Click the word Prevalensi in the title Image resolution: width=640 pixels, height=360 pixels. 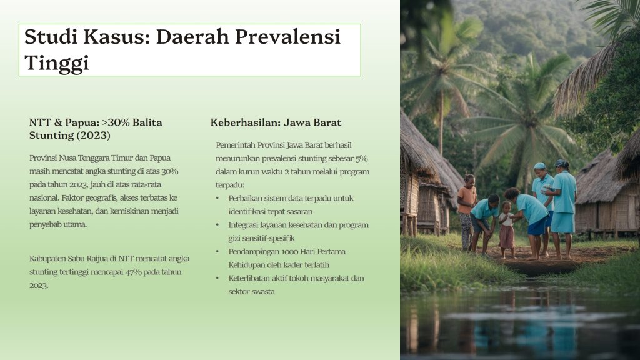click(287, 37)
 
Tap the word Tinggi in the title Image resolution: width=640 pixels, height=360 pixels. click(57, 63)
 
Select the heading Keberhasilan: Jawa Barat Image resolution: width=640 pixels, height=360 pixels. click(276, 122)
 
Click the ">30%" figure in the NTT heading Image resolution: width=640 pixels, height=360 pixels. click(116, 122)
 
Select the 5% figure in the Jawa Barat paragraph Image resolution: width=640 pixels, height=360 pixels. click(361, 158)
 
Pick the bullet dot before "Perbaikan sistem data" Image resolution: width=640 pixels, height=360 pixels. click(217, 199)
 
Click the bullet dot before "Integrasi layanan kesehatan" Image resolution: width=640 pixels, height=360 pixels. click(217, 225)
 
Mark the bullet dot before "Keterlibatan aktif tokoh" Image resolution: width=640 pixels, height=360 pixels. click(217, 279)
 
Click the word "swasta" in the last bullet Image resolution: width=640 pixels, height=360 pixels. click(263, 292)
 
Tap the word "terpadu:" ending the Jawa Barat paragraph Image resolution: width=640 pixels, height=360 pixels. click(230, 185)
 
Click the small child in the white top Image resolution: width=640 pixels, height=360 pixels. click(507, 229)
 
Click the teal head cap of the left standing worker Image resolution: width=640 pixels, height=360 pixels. click(539, 166)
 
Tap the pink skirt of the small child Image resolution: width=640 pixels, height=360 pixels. click(507, 237)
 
